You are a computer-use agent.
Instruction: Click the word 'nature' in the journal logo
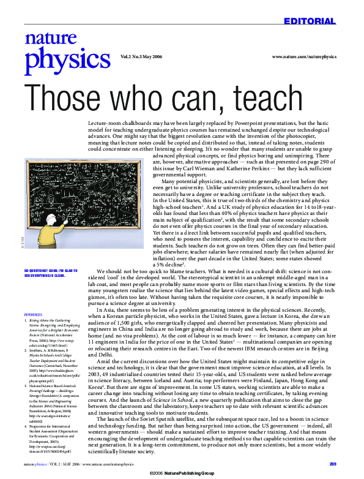43,39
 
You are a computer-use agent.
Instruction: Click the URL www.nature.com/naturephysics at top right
303,56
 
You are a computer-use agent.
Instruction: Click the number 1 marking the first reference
26,320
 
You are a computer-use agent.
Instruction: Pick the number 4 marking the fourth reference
26,415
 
